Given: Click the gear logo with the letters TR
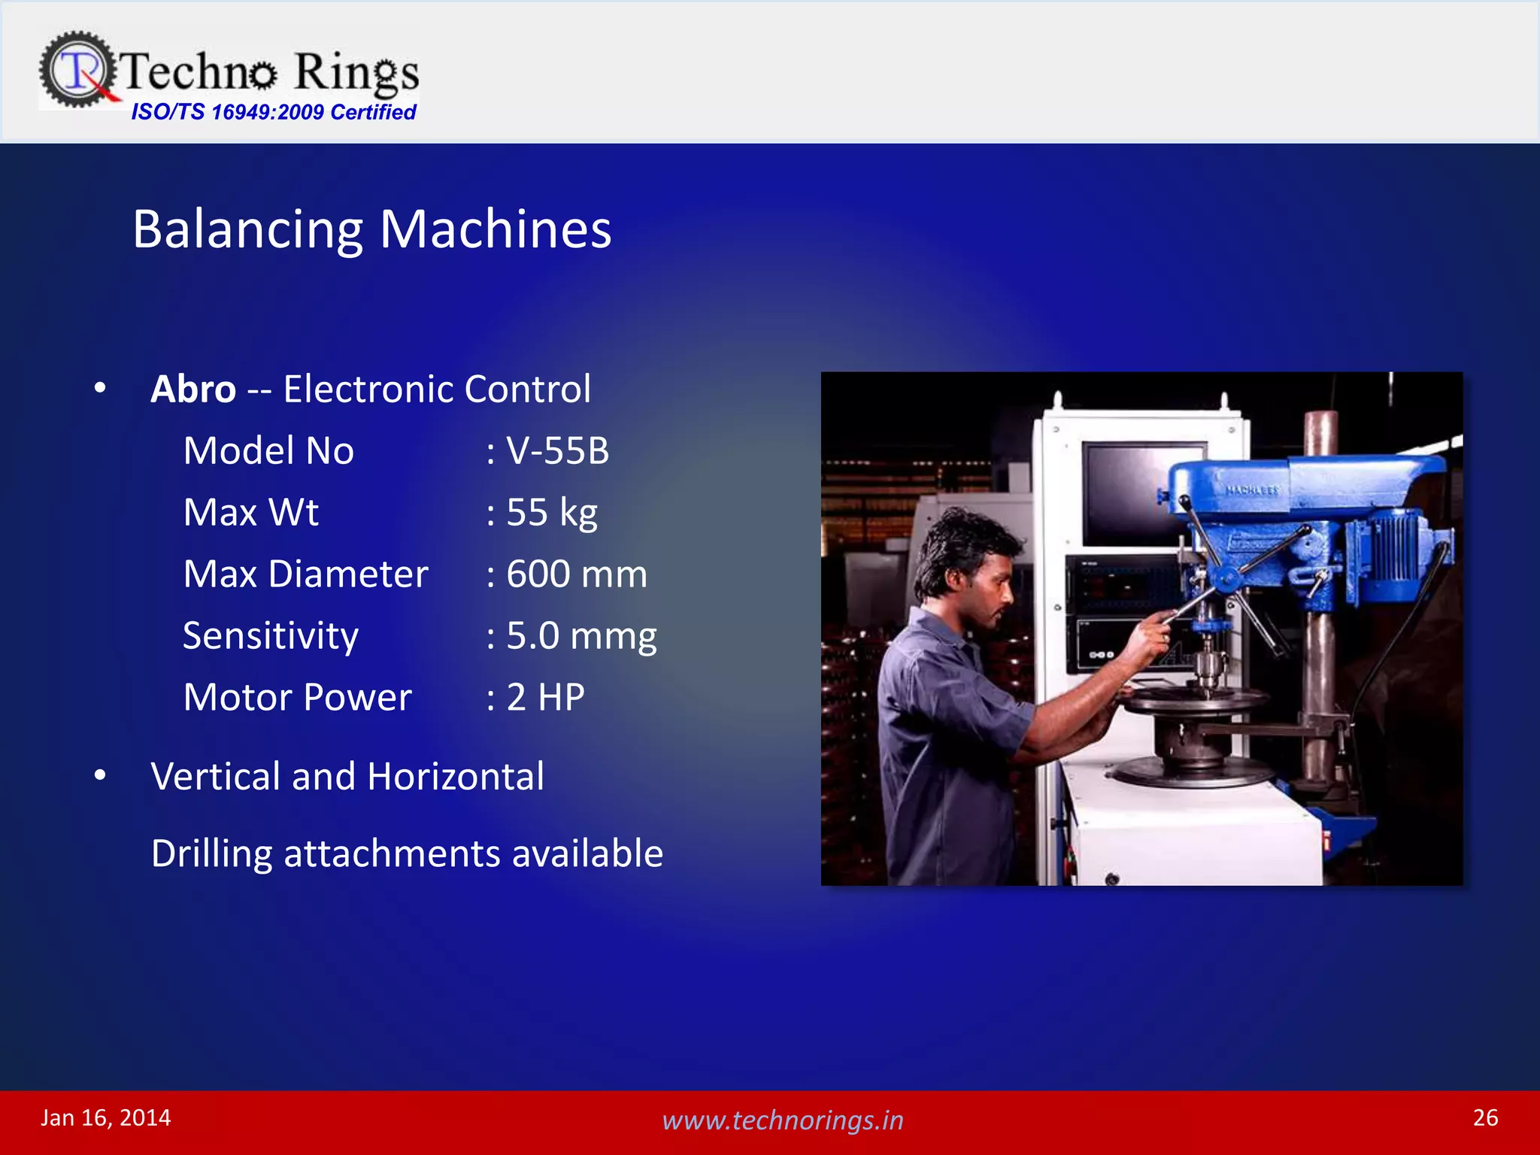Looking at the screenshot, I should (77, 69).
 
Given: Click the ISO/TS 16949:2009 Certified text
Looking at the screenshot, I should (273, 112).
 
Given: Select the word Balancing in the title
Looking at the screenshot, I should (247, 229).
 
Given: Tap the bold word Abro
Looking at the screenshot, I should (193, 390).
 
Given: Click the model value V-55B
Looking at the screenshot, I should (556, 451).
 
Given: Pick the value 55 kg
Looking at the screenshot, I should (551, 513).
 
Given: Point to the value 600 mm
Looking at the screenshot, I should (576, 574).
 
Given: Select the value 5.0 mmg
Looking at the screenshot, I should (581, 636).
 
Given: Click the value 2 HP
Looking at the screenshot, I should (545, 698).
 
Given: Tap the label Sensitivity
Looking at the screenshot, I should (271, 636).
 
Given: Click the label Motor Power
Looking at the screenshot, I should (297, 698).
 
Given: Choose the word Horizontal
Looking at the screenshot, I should (456, 776).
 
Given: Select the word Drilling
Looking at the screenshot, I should (211, 853).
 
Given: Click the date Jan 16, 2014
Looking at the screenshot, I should (106, 1118).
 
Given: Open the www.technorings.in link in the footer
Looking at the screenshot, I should (782, 1120).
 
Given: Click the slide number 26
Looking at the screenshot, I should (1485, 1117).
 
